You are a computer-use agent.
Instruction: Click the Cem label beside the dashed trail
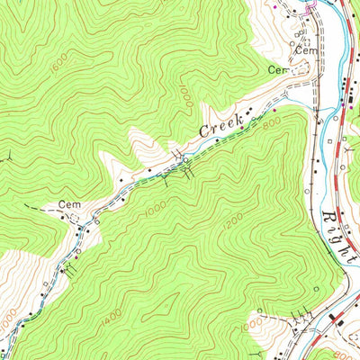pyautogui.click(x=70, y=205)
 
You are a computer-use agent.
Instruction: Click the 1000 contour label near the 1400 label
pyautogui.click(x=9, y=318)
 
